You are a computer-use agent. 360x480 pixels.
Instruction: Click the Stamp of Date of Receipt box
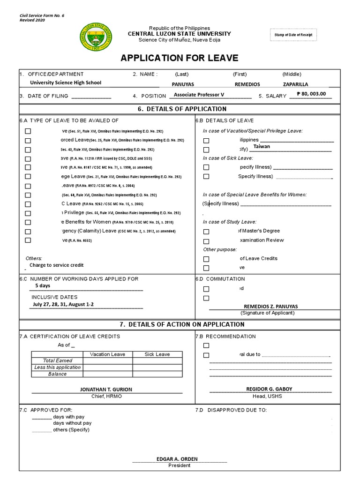pyautogui.click(x=293, y=35)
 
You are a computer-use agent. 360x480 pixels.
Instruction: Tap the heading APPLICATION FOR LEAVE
pyautogui.click(x=180, y=58)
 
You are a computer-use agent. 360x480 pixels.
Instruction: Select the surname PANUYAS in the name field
pyautogui.click(x=183, y=85)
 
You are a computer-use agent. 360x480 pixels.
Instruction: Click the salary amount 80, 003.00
pyautogui.click(x=313, y=94)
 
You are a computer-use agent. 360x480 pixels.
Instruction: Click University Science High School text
pyautogui.click(x=66, y=82)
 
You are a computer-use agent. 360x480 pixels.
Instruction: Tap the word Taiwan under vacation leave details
pyautogui.click(x=262, y=147)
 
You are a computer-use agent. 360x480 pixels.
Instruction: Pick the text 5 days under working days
pyautogui.click(x=43, y=285)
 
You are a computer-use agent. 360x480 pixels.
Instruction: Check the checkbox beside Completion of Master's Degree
pyautogui.click(x=206, y=232)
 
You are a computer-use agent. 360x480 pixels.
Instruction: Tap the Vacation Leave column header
pyautogui.click(x=108, y=354)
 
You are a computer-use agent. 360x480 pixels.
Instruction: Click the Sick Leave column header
pyautogui.click(x=157, y=354)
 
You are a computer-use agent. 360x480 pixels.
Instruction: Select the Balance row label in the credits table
pyautogui.click(x=57, y=374)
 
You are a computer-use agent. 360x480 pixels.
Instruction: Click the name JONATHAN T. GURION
pyautogui.click(x=106, y=390)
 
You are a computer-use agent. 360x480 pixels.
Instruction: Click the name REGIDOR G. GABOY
pyautogui.click(x=269, y=389)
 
